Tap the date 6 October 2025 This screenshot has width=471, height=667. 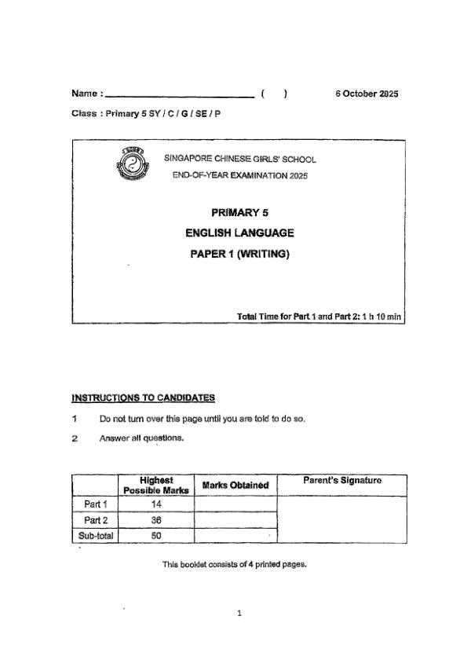(x=367, y=94)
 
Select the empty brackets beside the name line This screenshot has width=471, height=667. (x=274, y=94)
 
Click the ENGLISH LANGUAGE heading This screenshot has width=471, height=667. (x=239, y=233)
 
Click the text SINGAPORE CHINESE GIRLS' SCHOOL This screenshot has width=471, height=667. (x=240, y=159)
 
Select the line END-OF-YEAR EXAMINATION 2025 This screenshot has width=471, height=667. (x=240, y=175)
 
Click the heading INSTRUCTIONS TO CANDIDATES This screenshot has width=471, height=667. (x=143, y=398)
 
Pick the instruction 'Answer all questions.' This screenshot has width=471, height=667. (x=141, y=438)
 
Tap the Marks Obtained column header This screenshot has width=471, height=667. (x=235, y=486)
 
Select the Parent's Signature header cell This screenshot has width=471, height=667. (x=341, y=480)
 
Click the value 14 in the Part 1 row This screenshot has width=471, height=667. (x=155, y=504)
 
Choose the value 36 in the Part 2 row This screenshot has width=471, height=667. (x=155, y=520)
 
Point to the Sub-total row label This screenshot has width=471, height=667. (x=95, y=536)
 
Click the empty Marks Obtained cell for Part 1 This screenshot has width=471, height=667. (x=235, y=504)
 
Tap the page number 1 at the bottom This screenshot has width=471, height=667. (x=239, y=614)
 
